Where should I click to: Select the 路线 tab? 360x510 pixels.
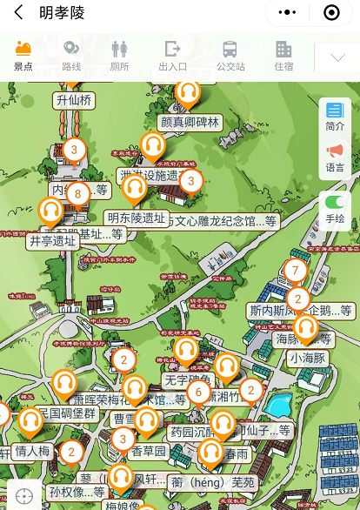[71, 55]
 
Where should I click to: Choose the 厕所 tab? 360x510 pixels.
[120, 55]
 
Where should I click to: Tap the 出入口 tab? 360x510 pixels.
[173, 55]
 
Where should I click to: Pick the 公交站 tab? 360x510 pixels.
[230, 55]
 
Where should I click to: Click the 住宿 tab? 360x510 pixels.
[283, 55]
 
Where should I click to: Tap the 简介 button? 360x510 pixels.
[335, 116]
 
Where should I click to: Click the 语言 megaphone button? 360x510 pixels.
[335, 158]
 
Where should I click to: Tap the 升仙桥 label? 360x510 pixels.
[74, 100]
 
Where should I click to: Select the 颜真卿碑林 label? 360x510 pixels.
[190, 123]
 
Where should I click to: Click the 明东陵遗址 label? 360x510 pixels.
[135, 218]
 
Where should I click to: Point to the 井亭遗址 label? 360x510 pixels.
[53, 240]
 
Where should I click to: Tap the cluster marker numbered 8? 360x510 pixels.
[78, 192]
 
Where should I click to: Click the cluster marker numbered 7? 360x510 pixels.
[295, 271]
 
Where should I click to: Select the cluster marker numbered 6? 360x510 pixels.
[198, 393]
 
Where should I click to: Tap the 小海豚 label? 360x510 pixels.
[307, 357]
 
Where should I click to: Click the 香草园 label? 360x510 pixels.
[148, 451]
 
